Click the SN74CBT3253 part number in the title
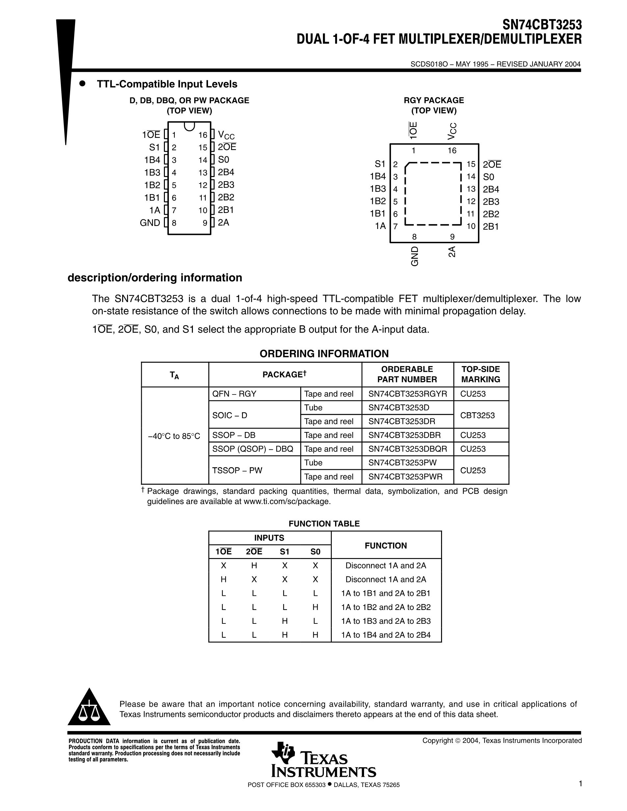click(x=542, y=25)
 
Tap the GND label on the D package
click(x=150, y=223)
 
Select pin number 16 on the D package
click(x=202, y=135)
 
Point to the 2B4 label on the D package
click(x=226, y=172)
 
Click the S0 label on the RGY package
click(x=488, y=177)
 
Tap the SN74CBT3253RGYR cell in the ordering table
click(x=407, y=394)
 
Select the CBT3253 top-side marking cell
click(x=477, y=415)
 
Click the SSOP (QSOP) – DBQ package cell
click(x=252, y=449)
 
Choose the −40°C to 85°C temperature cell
click(x=174, y=436)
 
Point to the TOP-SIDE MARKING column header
click(x=481, y=374)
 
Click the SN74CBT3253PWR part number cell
click(x=405, y=477)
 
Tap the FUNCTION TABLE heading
click(x=324, y=523)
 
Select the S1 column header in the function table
click(x=284, y=552)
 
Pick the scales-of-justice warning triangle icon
click(x=89, y=707)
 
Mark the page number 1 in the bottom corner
click(x=580, y=783)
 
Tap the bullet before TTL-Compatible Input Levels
click(x=83, y=84)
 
